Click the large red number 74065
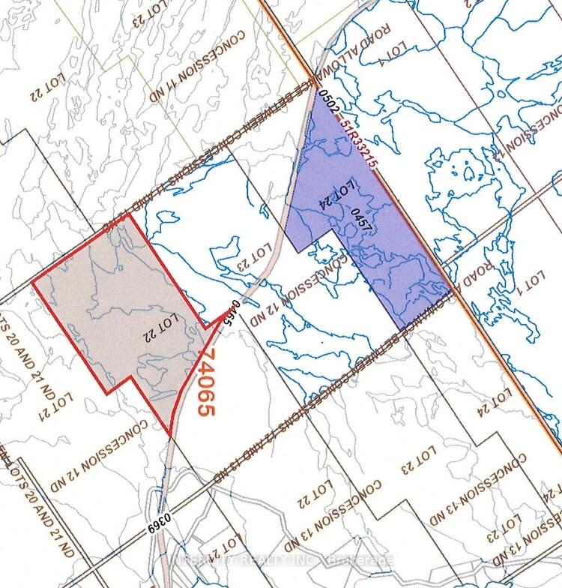pos(207,382)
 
